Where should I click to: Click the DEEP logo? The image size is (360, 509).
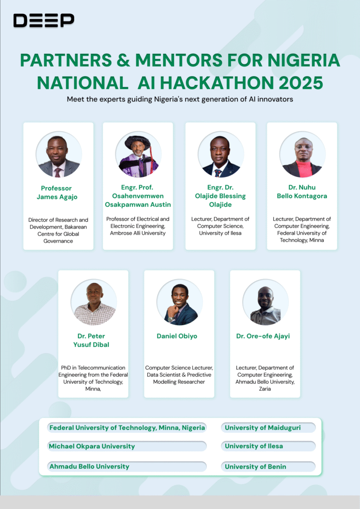coord(44,20)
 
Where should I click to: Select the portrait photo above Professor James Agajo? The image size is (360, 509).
coord(59,155)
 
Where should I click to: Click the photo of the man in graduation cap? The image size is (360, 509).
coord(138,155)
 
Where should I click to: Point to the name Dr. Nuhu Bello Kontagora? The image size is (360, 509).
coord(302,192)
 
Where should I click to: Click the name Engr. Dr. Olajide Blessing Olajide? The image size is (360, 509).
coord(220,196)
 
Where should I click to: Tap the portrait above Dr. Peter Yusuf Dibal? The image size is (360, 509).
coord(93,302)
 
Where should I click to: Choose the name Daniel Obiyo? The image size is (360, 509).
coord(177,336)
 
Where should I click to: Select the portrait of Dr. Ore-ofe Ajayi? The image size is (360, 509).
coord(265,302)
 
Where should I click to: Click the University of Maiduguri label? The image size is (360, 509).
coord(263,427)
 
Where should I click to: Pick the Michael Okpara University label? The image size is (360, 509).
coord(92,446)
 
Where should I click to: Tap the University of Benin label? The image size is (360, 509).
coord(256,467)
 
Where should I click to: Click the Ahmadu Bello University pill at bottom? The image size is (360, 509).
coord(90,467)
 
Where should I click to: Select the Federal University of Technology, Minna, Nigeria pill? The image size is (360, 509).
coord(127,427)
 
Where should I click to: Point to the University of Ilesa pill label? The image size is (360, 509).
coord(254,446)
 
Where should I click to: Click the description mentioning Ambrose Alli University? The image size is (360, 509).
coord(138,226)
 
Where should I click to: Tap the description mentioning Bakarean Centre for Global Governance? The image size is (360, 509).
coord(58,230)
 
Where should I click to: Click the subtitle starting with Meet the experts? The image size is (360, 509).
coord(180,99)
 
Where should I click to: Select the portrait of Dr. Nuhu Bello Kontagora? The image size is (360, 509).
coord(302,155)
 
